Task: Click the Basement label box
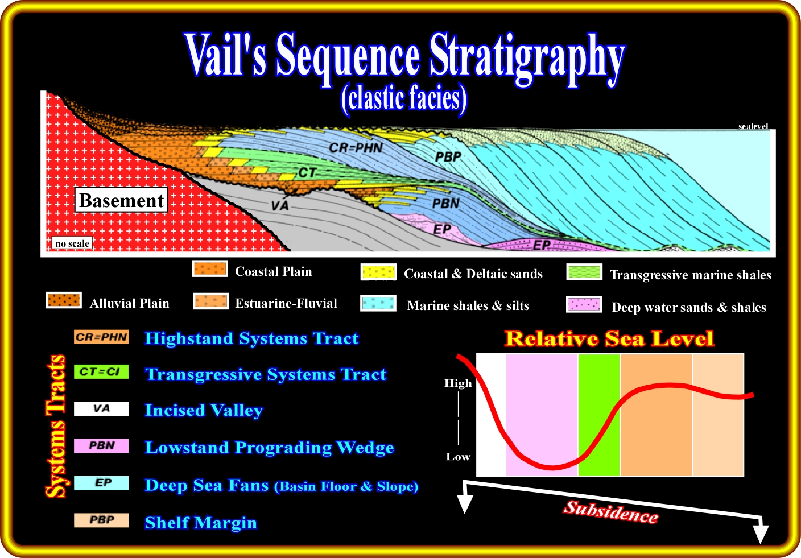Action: (121, 200)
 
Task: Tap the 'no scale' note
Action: (72, 243)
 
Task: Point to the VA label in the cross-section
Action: (280, 205)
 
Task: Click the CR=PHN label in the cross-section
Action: (356, 148)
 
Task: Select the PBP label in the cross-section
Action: (448, 157)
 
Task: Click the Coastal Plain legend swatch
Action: (210, 269)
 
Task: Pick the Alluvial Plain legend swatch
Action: (64, 300)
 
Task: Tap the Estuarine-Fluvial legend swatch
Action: (211, 301)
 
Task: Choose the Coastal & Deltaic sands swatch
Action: (378, 272)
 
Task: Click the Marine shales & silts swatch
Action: (378, 303)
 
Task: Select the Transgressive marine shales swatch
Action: (584, 272)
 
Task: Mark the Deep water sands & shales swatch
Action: (584, 304)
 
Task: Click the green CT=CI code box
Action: (101, 372)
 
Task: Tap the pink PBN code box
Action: (101, 445)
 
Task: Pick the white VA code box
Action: (101, 408)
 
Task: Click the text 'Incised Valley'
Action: (204, 410)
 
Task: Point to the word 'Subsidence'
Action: (611, 511)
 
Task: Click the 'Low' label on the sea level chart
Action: (458, 457)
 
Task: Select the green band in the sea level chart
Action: (599, 415)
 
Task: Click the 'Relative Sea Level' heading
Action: (609, 338)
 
